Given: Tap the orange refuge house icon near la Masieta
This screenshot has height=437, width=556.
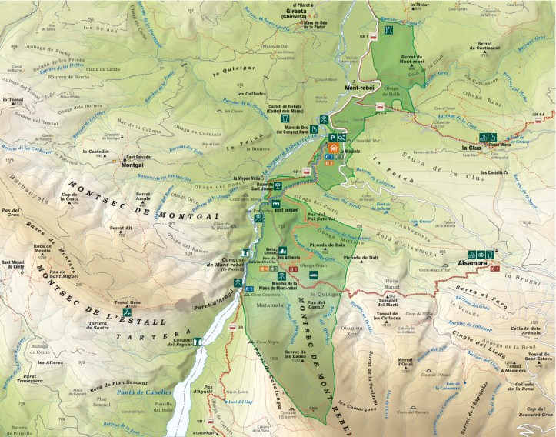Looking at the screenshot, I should tap(334, 148).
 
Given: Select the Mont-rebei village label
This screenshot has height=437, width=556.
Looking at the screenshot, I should tap(359, 88).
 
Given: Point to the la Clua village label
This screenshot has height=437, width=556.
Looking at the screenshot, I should tap(471, 147).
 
